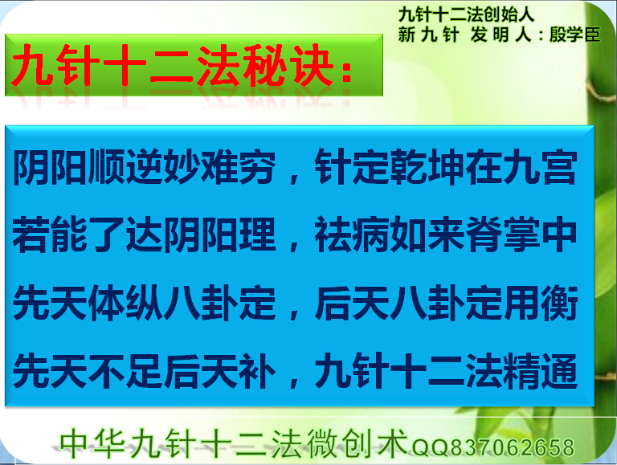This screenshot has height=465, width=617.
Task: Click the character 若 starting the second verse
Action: (x=31, y=235)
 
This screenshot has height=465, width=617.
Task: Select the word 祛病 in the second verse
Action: (x=351, y=235)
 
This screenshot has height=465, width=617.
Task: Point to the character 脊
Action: (x=484, y=235)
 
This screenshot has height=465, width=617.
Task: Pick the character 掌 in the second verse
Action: (x=521, y=235)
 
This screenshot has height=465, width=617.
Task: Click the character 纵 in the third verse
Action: (x=144, y=303)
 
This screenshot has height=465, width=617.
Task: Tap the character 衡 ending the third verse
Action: (x=559, y=303)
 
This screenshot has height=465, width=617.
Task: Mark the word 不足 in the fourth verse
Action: (x=125, y=371)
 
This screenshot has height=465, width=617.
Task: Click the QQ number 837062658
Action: (x=512, y=447)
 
